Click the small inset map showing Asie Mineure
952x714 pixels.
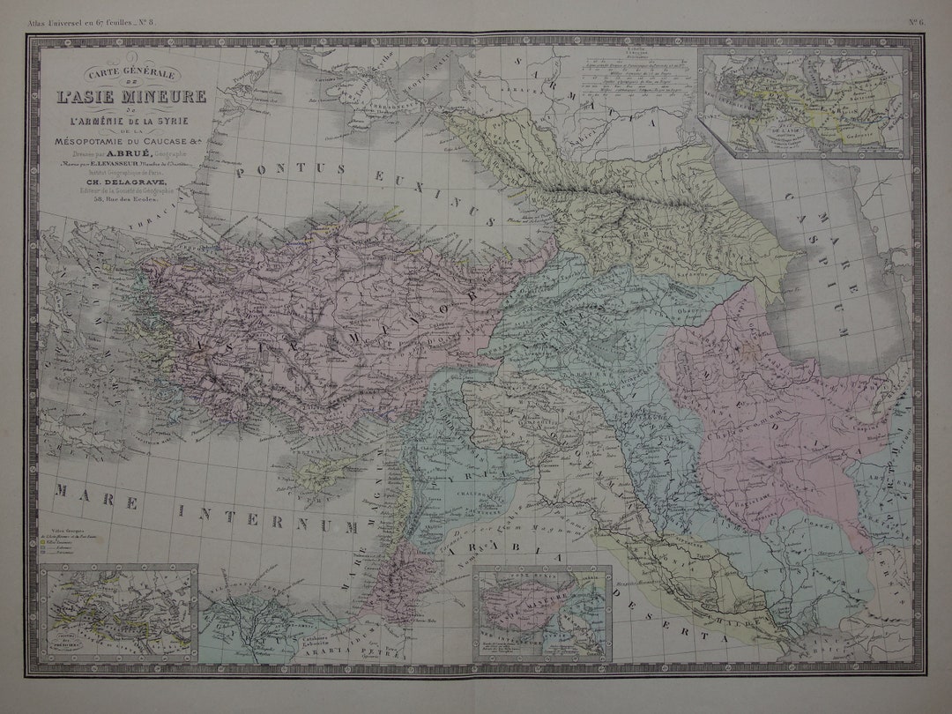[542, 614]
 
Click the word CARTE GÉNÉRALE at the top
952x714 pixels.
[130, 73]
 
